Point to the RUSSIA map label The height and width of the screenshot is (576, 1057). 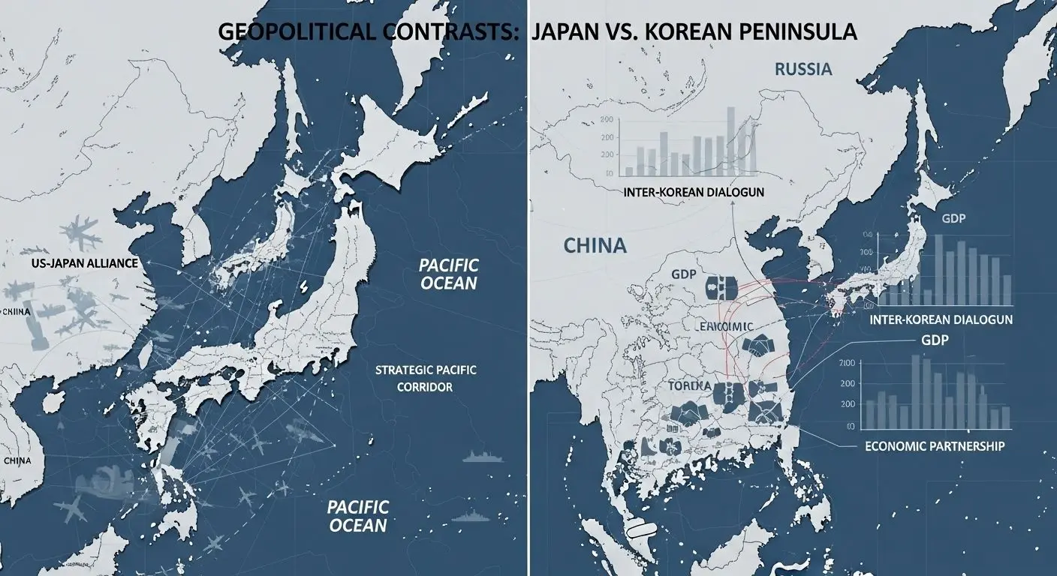(803, 70)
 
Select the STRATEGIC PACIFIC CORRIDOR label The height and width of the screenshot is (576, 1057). (425, 379)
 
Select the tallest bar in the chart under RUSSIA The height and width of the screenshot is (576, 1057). (730, 136)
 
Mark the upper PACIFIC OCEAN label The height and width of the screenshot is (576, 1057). (447, 274)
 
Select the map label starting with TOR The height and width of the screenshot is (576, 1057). (688, 385)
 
